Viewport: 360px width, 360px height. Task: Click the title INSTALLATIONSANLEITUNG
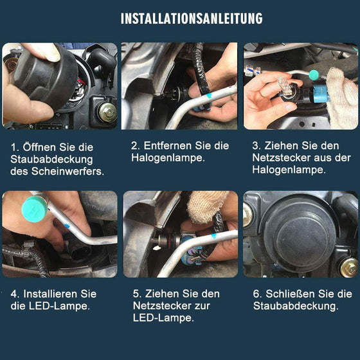tap(192, 18)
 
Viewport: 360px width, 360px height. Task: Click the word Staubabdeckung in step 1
tap(51, 159)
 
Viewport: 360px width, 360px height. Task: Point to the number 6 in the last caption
tap(255, 294)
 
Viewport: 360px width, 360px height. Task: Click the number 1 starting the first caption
tap(14, 147)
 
